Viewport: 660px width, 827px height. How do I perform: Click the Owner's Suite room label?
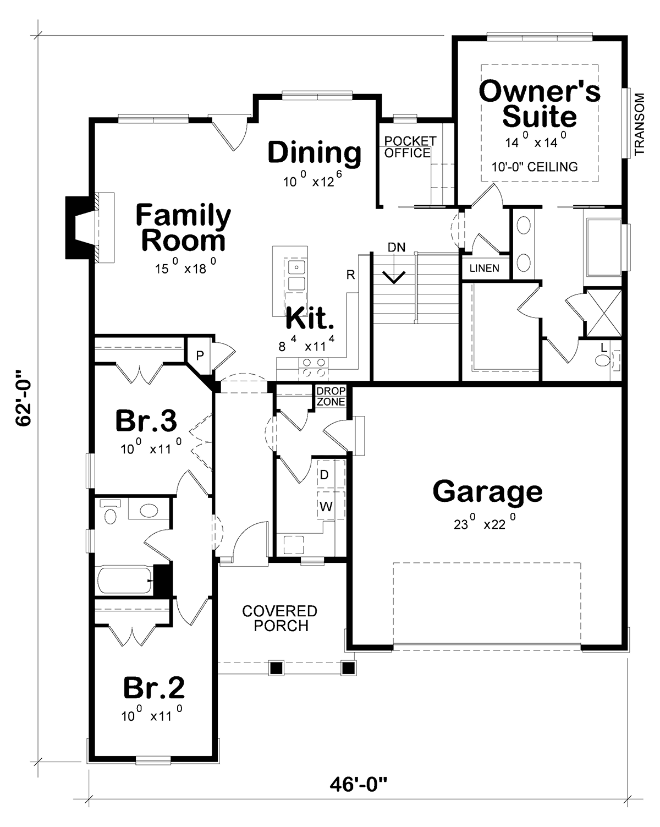539,104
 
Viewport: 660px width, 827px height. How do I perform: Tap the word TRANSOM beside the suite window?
639,124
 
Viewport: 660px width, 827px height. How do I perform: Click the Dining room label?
314,152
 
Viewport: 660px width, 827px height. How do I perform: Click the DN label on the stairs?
396,248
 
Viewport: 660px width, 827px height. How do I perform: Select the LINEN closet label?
484,268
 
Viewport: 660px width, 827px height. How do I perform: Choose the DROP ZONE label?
331,397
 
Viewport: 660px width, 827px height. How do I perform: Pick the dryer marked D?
324,474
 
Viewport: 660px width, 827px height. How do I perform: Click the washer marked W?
326,507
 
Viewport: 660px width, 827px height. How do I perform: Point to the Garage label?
487,491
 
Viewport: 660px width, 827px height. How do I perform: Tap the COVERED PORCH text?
280,618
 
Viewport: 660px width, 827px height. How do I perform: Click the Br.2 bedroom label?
153,687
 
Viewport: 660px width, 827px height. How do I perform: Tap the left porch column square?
276,668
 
